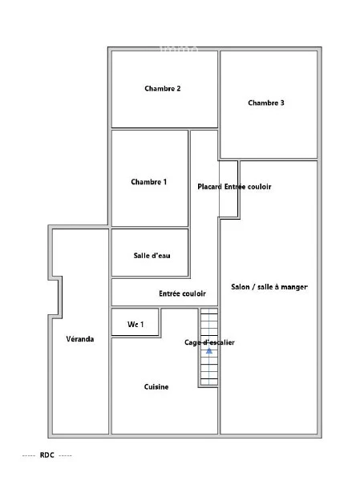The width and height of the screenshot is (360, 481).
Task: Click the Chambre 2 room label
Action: coord(162,88)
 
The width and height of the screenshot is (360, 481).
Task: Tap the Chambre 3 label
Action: coord(266,103)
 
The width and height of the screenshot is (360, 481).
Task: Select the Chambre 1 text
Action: coord(149,182)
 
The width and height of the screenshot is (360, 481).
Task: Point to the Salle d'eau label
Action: coord(152,256)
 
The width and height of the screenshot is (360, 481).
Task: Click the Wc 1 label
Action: coord(136,324)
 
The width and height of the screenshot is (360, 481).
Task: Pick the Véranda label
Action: coord(80,339)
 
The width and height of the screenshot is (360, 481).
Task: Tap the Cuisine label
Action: coord(156,387)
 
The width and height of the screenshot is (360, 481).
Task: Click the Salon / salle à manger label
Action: coord(269,287)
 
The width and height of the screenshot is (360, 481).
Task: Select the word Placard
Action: coord(209,187)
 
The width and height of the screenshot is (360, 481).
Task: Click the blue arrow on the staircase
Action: coord(209,350)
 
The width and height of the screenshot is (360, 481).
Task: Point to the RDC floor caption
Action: coord(47,455)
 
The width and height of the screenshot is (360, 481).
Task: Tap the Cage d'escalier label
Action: coord(209,342)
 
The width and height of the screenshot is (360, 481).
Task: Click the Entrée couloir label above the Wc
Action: coord(182,293)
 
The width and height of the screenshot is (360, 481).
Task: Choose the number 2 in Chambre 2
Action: coord(179,88)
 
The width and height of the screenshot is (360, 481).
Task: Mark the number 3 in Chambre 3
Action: coord(282,103)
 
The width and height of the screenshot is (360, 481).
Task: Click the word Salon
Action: coord(240,287)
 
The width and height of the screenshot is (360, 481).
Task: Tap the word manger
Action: coord(294,288)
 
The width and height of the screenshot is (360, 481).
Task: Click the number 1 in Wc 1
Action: coord(142,324)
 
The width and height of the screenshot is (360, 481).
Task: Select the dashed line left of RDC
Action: coord(29,456)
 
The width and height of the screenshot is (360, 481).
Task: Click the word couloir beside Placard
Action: coord(259,187)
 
